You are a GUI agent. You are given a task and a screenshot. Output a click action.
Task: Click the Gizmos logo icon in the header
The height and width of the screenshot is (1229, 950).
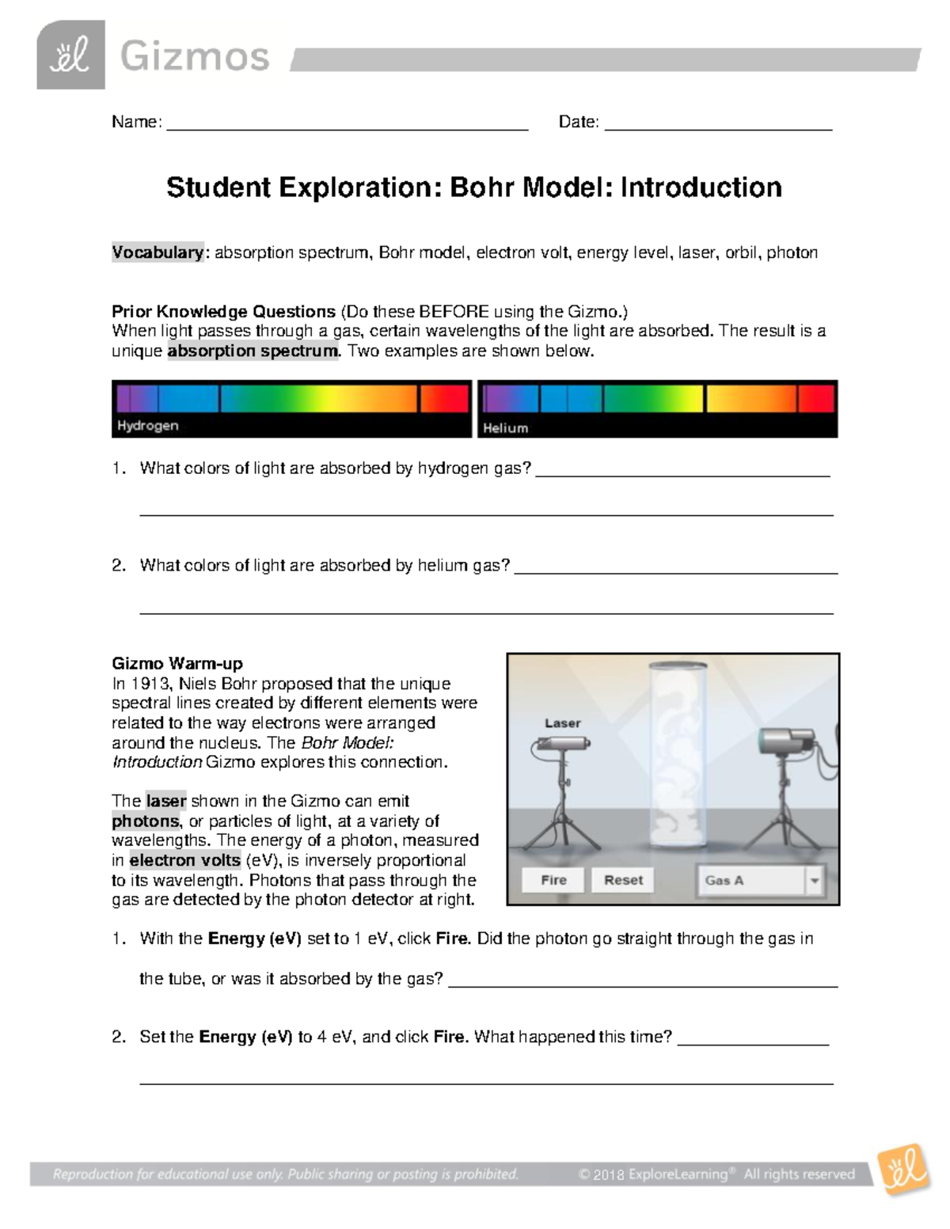(70, 55)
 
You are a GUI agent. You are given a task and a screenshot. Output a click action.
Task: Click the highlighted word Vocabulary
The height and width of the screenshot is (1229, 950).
(158, 252)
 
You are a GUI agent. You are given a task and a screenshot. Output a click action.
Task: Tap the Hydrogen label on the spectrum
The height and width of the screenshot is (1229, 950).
(148, 426)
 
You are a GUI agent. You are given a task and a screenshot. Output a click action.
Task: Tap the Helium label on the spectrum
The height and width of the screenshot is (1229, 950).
(505, 428)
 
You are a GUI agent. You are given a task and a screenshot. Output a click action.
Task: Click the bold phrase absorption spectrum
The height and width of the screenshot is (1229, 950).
(253, 351)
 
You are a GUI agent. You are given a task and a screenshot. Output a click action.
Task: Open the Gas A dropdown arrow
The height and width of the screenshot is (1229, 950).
(814, 880)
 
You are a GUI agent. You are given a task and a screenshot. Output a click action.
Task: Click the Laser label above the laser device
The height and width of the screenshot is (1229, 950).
(562, 723)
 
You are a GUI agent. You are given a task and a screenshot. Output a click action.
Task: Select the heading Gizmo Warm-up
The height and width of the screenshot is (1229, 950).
(177, 663)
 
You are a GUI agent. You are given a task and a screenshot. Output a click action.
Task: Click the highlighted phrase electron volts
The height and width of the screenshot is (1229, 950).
(185, 860)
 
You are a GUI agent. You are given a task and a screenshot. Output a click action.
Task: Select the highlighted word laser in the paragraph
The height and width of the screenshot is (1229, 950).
(165, 801)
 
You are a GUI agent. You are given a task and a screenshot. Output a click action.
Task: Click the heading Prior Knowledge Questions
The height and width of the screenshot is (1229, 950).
(223, 311)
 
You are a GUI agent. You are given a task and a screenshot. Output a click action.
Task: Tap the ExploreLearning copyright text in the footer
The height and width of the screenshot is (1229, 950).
(716, 1174)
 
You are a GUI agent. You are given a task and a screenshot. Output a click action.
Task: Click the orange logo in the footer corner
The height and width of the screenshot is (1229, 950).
(904, 1169)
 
